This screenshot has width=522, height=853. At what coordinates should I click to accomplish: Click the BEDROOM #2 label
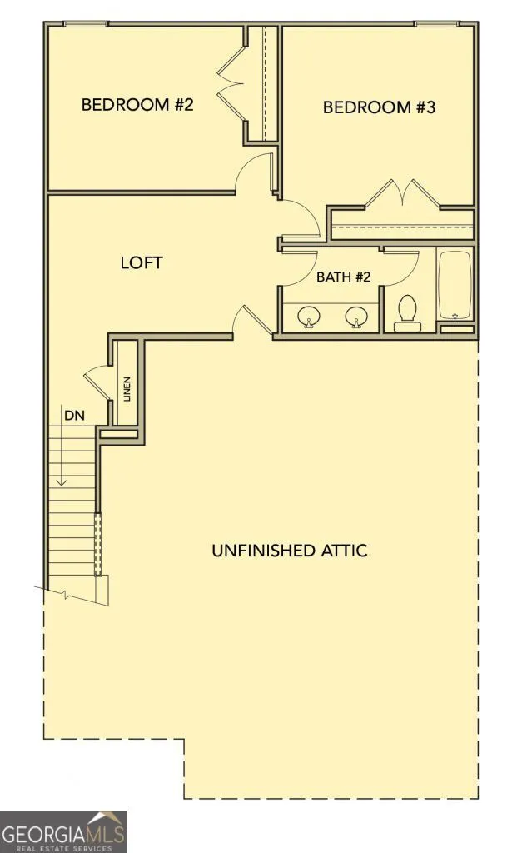[137, 104]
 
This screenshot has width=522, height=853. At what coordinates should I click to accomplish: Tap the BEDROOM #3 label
[379, 107]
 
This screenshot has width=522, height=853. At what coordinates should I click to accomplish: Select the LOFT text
[142, 262]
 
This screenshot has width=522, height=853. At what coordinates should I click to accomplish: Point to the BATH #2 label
[343, 277]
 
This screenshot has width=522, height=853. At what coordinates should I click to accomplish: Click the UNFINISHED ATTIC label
[289, 551]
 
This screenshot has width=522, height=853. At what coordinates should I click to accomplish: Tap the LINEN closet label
[127, 389]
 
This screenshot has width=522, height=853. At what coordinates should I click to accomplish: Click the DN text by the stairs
[74, 416]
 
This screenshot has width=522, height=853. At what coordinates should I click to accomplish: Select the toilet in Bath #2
[407, 313]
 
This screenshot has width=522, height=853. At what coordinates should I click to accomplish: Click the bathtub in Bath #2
[455, 285]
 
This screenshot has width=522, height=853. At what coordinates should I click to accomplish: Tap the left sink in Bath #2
[310, 316]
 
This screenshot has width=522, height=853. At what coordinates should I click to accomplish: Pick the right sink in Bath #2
[356, 316]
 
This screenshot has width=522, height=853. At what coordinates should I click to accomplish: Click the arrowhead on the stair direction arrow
[62, 481]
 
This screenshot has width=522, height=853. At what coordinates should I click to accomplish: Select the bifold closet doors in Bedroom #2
[231, 84]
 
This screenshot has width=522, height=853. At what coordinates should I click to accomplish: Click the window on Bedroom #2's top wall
[86, 23]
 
